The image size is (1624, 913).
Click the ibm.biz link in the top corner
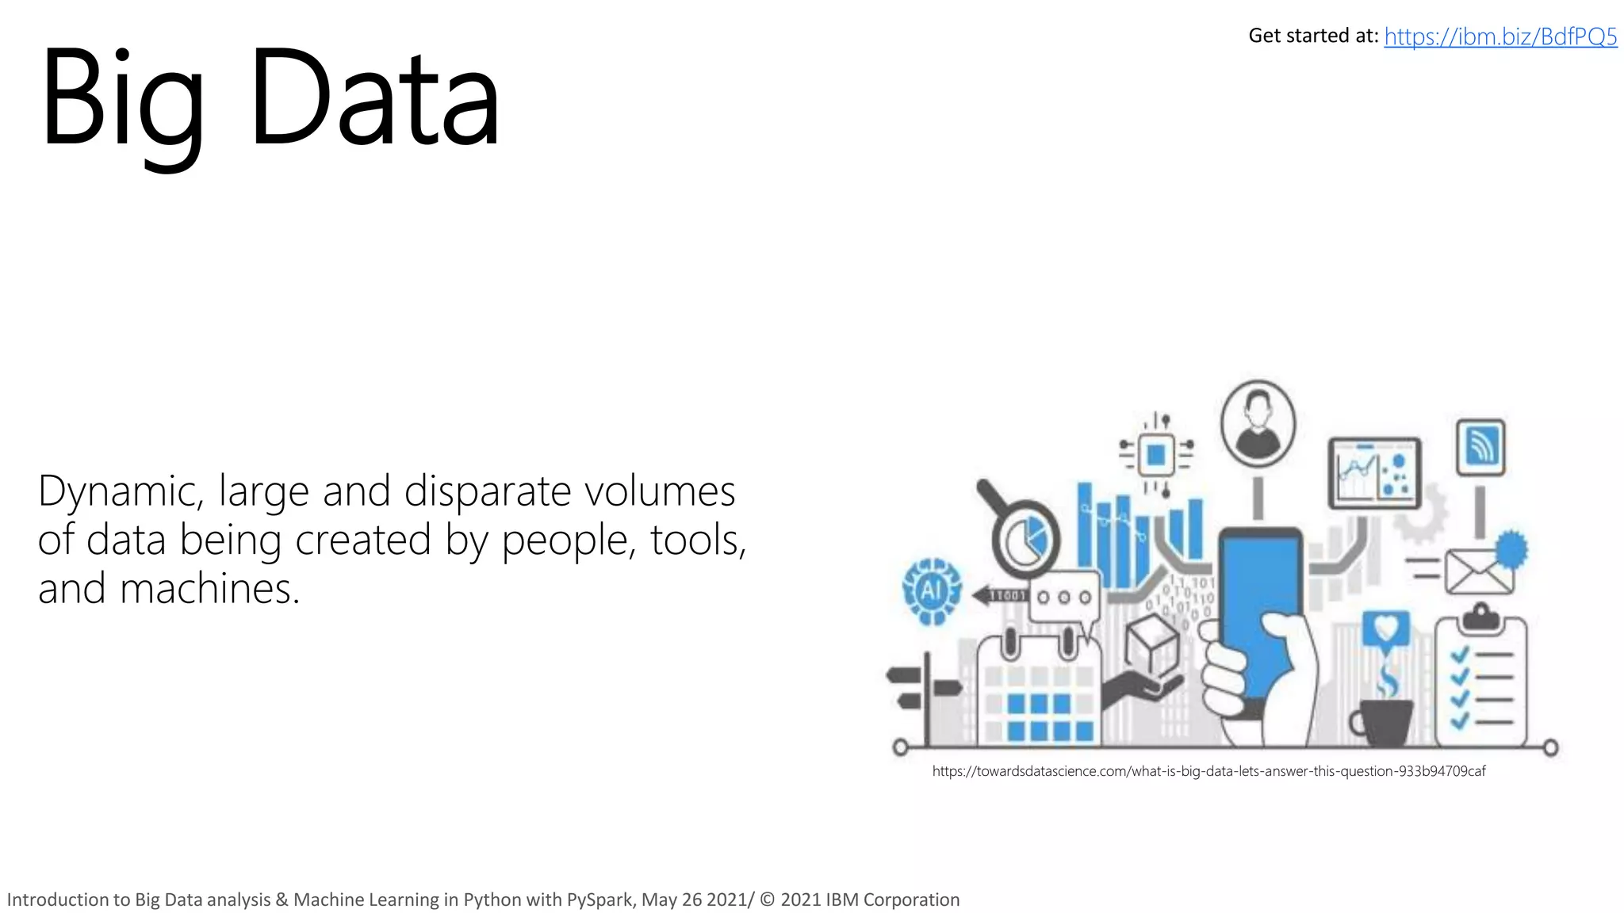(x=1500, y=37)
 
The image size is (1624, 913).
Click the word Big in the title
(x=123, y=99)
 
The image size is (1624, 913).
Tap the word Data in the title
(x=374, y=99)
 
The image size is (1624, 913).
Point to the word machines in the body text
(x=209, y=589)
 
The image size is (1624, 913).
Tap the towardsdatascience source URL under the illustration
(x=1208, y=771)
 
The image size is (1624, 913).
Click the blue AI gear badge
(x=932, y=590)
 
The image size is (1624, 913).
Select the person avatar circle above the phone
(x=1258, y=424)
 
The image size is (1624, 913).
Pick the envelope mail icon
(x=1478, y=571)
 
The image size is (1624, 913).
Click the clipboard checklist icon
(x=1481, y=682)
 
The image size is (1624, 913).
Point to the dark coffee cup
(x=1384, y=721)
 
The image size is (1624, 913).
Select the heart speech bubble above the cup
(x=1385, y=629)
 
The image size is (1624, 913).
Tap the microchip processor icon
(x=1156, y=455)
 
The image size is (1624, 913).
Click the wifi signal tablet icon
(x=1480, y=447)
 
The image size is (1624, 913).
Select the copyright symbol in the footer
(x=767, y=900)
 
